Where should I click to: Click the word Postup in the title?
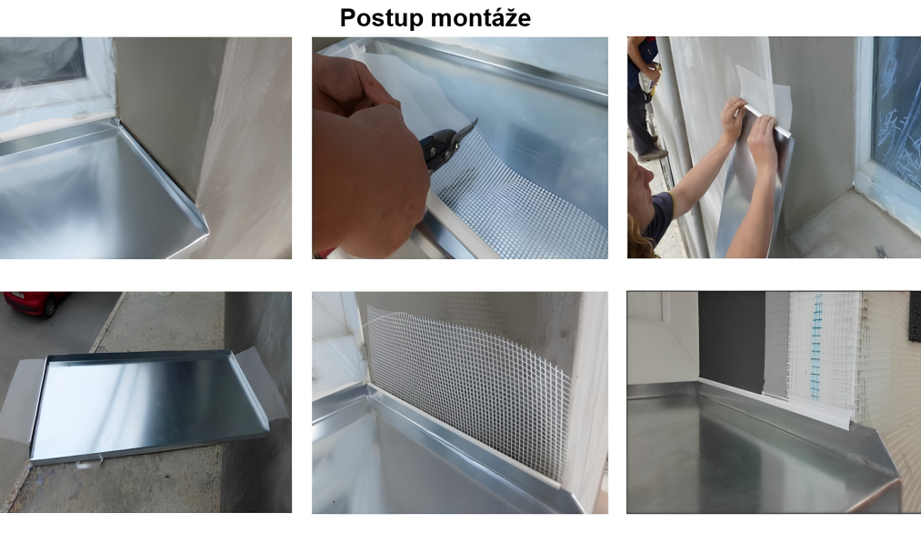pyautogui.click(x=389, y=18)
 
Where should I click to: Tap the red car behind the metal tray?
pyautogui.click(x=34, y=303)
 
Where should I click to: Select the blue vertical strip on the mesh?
pyautogui.click(x=816, y=347)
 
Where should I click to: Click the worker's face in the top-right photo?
pyautogui.click(x=641, y=182)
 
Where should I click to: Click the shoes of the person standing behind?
pyautogui.click(x=653, y=154)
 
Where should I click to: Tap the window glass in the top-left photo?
pyautogui.click(x=40, y=61)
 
